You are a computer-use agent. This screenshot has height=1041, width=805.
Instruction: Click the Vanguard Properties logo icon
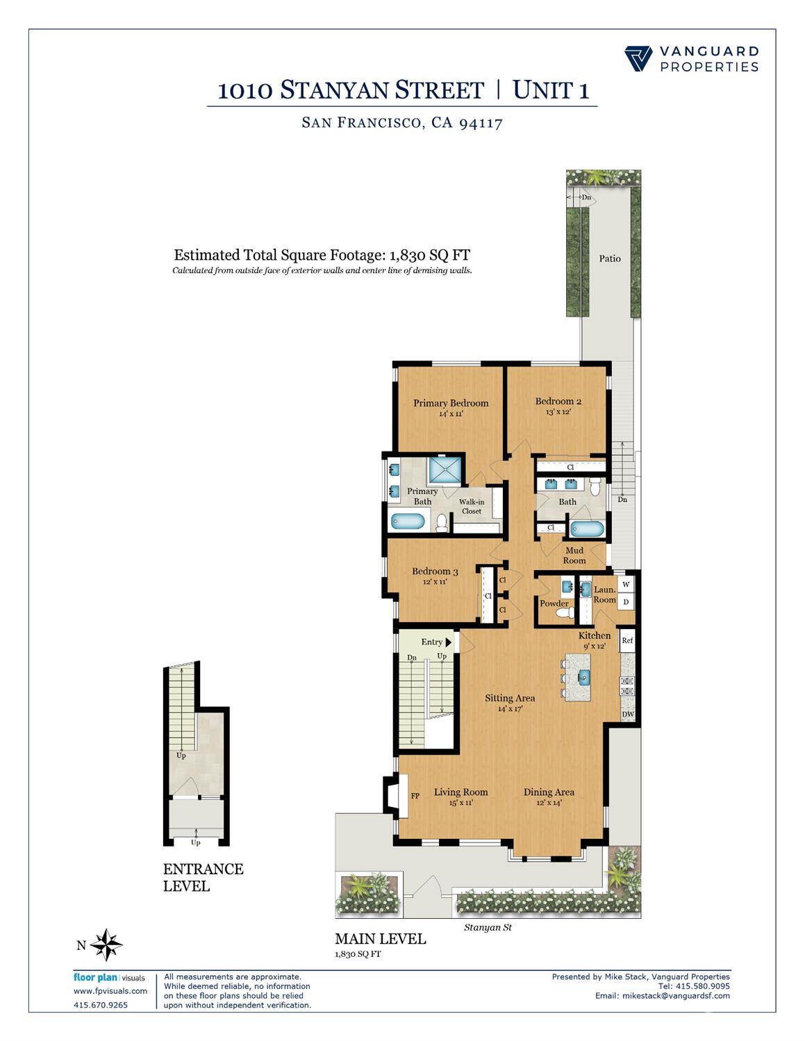pyautogui.click(x=638, y=59)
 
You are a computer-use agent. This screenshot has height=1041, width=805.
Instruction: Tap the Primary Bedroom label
pyautogui.click(x=451, y=403)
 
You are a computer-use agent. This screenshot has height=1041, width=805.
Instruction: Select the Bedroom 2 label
pyautogui.click(x=558, y=401)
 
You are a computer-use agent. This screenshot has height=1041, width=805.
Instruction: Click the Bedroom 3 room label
pyautogui.click(x=435, y=572)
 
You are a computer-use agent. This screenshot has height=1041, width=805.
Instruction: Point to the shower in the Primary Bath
pyautogui.click(x=445, y=469)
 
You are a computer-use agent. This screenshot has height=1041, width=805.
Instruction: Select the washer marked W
pyautogui.click(x=626, y=585)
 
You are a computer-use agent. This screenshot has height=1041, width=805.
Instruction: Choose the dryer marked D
pyautogui.click(x=626, y=602)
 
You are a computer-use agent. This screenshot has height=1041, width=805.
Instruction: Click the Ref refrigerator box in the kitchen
pyautogui.click(x=627, y=640)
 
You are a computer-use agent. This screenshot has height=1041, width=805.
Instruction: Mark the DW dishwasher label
pyautogui.click(x=627, y=715)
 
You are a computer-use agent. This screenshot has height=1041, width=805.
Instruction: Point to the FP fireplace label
pyautogui.click(x=415, y=796)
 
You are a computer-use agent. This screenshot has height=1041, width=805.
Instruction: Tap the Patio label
pyautogui.click(x=610, y=258)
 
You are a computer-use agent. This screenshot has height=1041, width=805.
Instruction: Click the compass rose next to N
pyautogui.click(x=107, y=944)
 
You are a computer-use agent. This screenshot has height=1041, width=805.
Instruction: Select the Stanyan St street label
pyautogui.click(x=488, y=927)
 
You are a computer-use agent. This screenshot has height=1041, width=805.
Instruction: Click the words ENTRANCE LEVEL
pyautogui.click(x=203, y=878)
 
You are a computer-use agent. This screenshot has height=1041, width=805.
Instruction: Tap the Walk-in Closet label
pyautogui.click(x=472, y=506)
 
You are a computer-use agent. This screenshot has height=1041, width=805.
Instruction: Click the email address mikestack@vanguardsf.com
pyautogui.click(x=662, y=996)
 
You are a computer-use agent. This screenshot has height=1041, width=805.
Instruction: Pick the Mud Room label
pyautogui.click(x=574, y=556)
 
